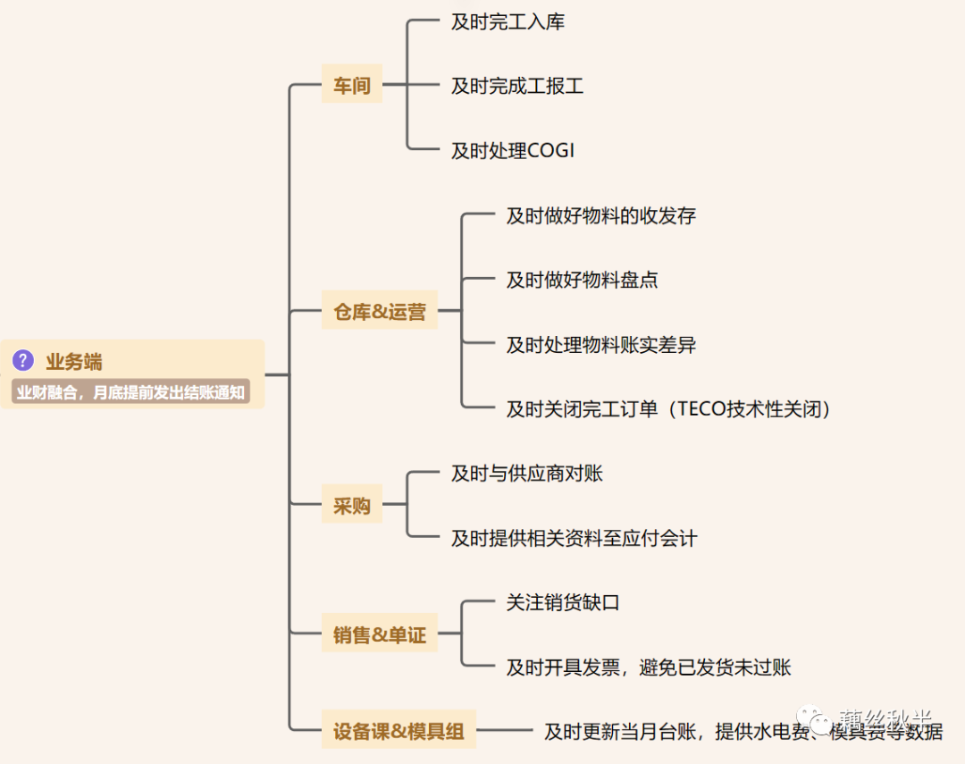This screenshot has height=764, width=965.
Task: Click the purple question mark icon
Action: click(x=23, y=361)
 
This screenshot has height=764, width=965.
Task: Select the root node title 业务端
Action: click(x=74, y=362)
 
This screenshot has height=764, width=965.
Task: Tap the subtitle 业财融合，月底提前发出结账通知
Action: click(x=130, y=391)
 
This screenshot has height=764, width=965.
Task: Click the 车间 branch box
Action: click(x=351, y=87)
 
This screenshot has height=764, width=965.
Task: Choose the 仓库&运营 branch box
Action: click(x=380, y=312)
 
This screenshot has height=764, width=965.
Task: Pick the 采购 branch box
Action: click(x=351, y=506)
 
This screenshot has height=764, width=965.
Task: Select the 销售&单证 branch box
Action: click(x=380, y=635)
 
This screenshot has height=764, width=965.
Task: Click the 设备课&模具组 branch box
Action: click(x=399, y=731)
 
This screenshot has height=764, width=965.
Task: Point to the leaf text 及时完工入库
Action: click(x=508, y=22)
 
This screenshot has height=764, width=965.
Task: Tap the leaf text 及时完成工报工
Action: click(x=517, y=87)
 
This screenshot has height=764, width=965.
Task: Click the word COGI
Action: click(x=551, y=151)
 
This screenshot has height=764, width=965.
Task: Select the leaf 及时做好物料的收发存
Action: click(x=600, y=215)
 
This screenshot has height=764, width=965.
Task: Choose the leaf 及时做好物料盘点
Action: click(x=582, y=280)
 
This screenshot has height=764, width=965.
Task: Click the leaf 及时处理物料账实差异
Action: click(x=600, y=344)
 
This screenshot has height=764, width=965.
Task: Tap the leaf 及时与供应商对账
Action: click(x=527, y=474)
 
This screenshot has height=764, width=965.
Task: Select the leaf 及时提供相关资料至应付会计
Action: click(x=574, y=538)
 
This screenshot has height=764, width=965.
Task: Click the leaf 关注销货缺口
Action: click(x=563, y=602)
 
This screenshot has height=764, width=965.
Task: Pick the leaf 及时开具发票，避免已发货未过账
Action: click(x=649, y=667)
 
